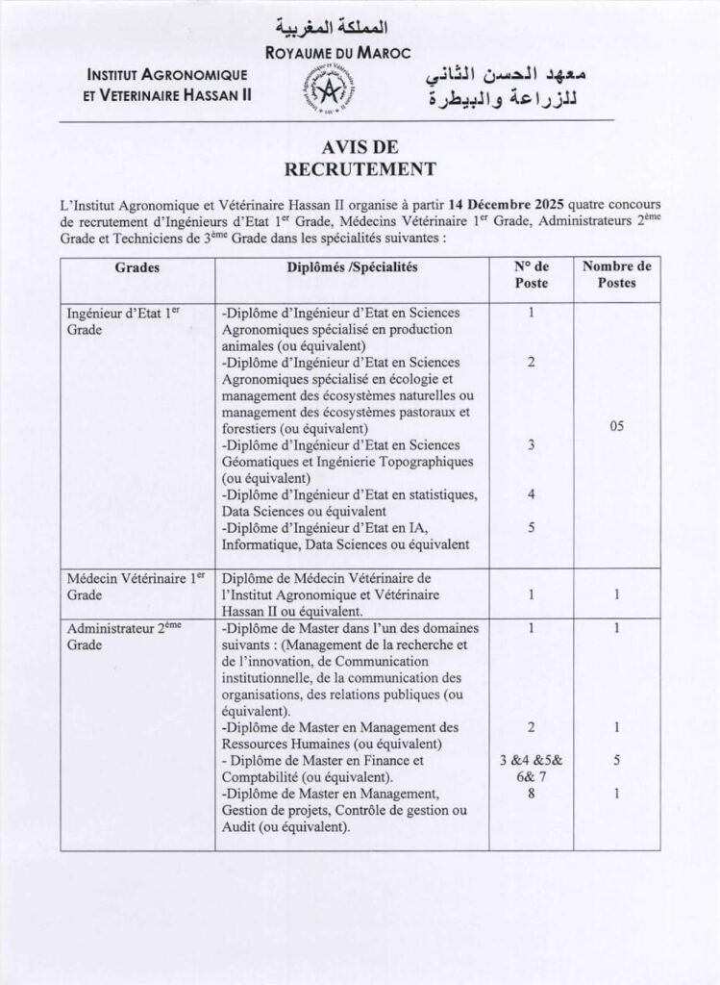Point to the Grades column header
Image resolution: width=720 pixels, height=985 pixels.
(137, 267)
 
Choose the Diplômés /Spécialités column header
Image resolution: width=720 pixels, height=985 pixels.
(352, 267)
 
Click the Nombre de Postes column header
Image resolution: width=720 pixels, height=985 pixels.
(616, 275)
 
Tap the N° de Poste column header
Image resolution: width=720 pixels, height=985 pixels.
(531, 275)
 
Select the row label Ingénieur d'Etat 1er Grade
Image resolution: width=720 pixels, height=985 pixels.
(124, 321)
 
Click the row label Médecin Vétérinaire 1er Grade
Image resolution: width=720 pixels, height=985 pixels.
(136, 587)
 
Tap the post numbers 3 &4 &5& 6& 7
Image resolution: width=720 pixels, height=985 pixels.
(531, 769)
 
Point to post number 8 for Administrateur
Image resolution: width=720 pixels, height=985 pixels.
(531, 794)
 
